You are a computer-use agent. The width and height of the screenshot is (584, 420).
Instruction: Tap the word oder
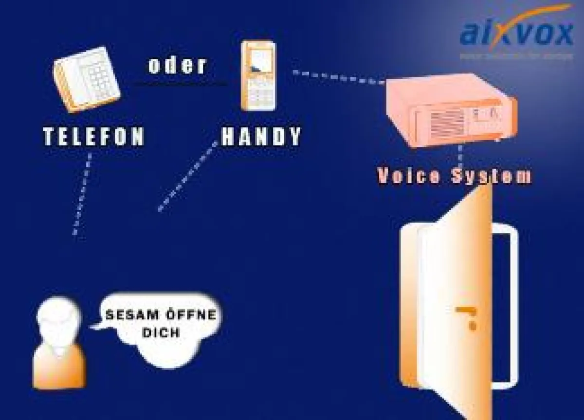(x=177, y=66)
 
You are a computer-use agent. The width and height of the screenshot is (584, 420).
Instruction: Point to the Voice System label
(x=454, y=176)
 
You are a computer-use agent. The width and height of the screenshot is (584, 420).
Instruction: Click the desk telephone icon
(x=86, y=80)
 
